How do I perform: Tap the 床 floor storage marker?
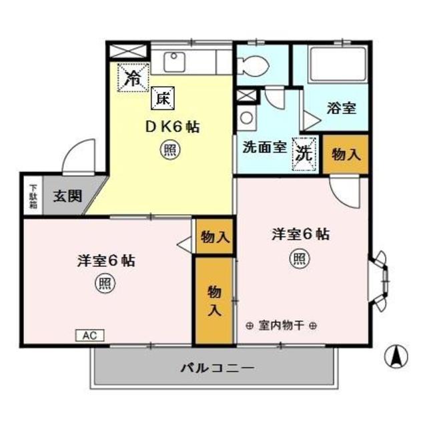(162, 99)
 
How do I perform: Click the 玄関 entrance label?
(67, 196)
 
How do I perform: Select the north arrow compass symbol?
(396, 356)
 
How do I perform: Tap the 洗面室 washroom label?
(264, 147)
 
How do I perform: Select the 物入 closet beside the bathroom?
(346, 155)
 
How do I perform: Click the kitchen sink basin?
(175, 61)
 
